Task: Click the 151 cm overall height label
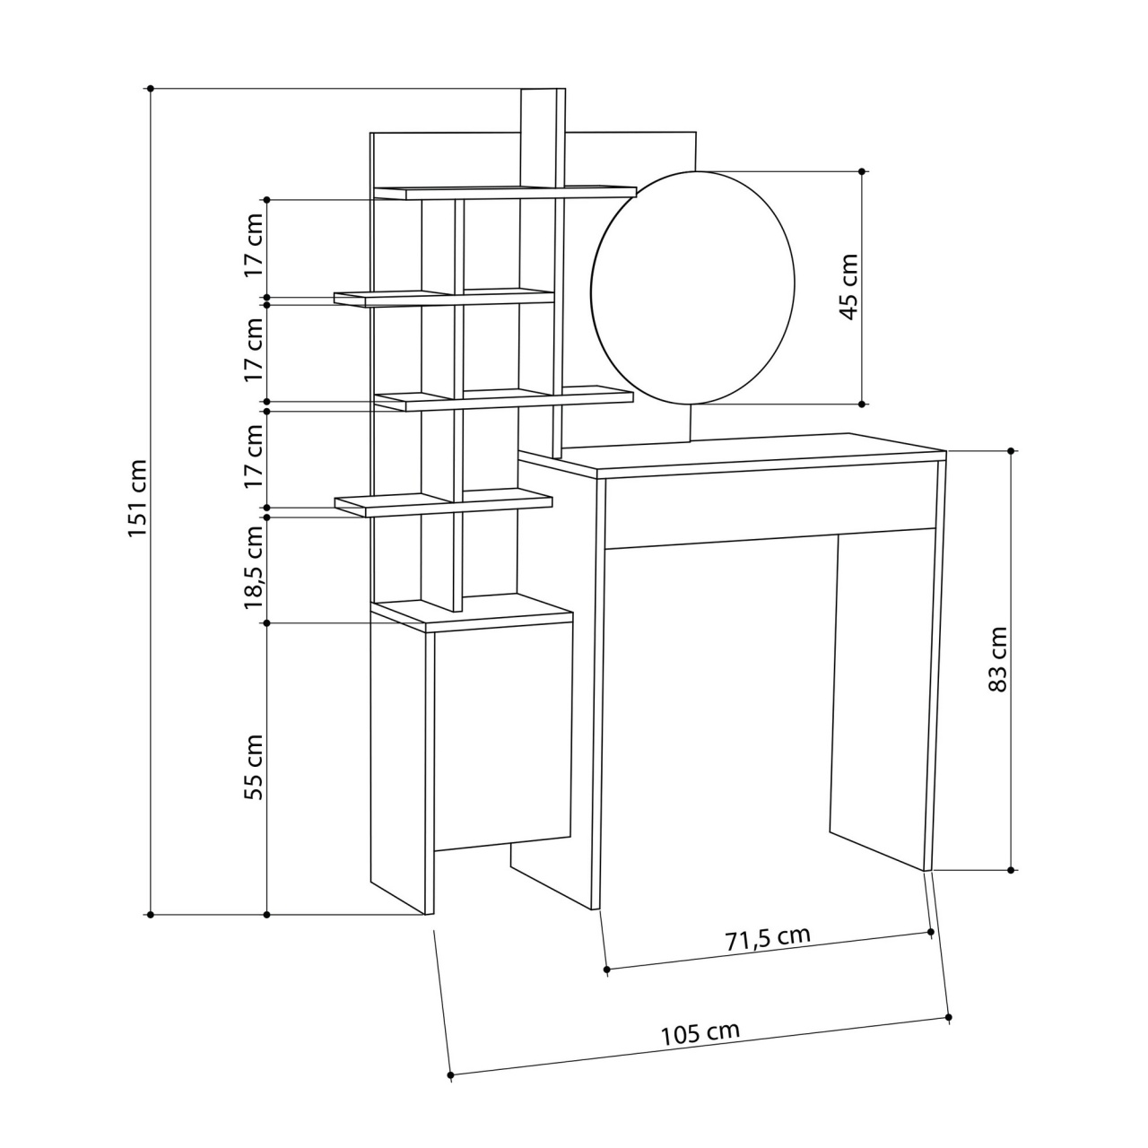pyautogui.click(x=137, y=498)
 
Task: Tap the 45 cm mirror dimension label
pyautogui.click(x=848, y=287)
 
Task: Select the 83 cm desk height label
pyautogui.click(x=997, y=658)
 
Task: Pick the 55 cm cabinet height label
pyautogui.click(x=254, y=767)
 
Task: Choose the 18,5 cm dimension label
pyautogui.click(x=254, y=567)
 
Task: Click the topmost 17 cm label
pyautogui.click(x=254, y=244)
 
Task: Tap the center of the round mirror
pyautogui.click(x=693, y=288)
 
